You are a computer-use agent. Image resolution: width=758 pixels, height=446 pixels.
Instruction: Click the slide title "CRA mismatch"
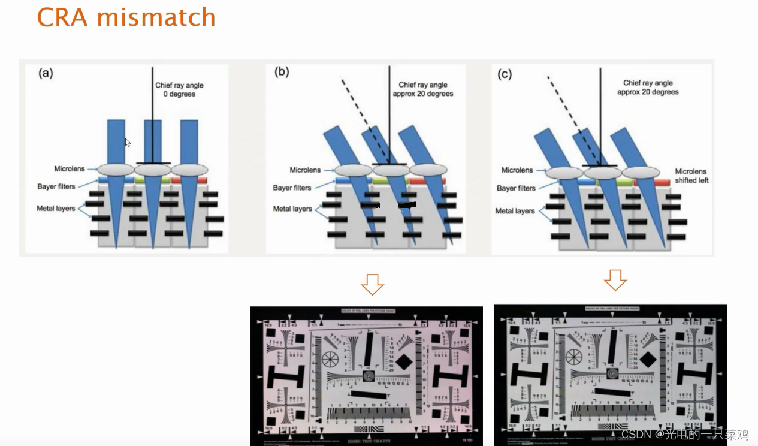coord(126,17)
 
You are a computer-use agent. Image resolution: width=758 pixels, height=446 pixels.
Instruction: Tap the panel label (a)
coord(46,73)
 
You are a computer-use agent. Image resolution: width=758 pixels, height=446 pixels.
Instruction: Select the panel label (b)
coord(282,72)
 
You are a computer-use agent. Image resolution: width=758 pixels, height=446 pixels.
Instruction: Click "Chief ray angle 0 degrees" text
coord(180,89)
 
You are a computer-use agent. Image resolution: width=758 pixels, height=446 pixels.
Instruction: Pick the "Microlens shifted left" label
coord(691,176)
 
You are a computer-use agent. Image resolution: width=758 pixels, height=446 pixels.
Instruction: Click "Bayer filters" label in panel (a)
coord(56,186)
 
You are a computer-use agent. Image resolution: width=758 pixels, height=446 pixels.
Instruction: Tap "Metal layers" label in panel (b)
coord(293,209)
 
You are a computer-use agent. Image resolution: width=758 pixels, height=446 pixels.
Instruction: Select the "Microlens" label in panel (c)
coord(517,170)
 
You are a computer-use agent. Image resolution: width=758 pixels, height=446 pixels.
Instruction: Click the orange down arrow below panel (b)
coord(373,284)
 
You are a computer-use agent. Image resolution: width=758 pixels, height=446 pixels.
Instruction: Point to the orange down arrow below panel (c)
coord(615,279)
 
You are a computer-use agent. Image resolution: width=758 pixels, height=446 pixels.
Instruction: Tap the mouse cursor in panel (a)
coord(128,143)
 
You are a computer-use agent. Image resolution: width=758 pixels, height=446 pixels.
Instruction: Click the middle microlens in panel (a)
coord(153,170)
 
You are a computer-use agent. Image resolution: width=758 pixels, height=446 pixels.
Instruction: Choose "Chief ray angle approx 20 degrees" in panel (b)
coord(423,89)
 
